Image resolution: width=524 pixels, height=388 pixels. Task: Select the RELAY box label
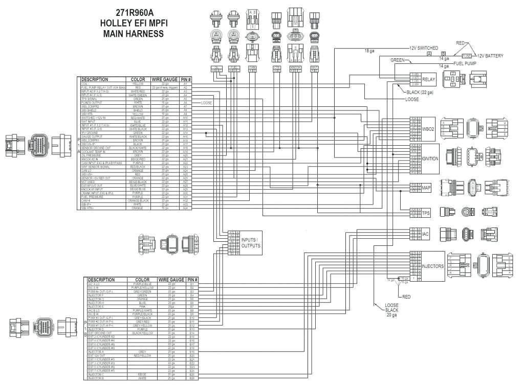pos(428,79)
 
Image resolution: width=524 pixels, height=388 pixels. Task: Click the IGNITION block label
pos(430,158)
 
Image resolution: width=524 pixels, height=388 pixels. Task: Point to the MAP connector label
pos(427,188)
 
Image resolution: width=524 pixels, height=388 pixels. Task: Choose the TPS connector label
pos(426,213)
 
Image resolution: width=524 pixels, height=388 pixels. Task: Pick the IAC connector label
pos(425,234)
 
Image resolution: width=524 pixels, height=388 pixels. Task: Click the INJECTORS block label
pos(432,266)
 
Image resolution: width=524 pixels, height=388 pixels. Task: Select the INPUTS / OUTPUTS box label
pos(251,242)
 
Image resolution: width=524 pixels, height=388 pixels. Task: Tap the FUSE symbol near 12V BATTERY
pos(467,55)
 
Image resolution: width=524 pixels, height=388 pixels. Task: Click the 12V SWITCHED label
pos(424,48)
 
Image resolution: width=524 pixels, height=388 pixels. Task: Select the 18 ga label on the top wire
pos(369,50)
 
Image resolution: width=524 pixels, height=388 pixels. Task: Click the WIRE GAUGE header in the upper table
pos(164,80)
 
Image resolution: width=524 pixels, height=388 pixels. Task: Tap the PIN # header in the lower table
pos(192,280)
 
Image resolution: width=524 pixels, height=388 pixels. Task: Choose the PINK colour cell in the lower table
pos(142,307)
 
